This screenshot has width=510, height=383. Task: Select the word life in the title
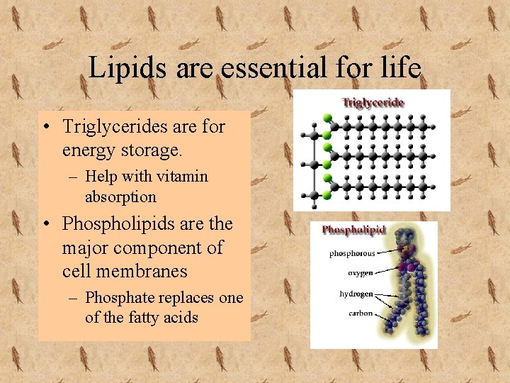pos(401,68)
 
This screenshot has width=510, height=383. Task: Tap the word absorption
pos(120,196)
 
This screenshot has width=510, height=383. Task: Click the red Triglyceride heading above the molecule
pos(373,102)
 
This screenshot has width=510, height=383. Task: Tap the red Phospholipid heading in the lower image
pos(353,230)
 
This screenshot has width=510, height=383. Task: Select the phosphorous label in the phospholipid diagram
pos(352,253)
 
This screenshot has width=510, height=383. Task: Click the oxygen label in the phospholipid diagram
pos(360,272)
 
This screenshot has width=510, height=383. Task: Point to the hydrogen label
pos(356,294)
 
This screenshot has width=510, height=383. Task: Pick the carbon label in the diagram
pos(361,313)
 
